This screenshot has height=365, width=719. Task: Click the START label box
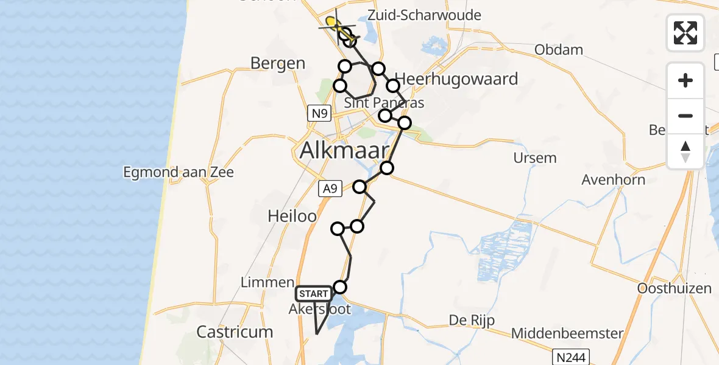[x=313, y=294]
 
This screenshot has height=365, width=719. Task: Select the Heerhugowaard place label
[x=456, y=79]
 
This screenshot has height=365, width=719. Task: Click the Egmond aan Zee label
[x=179, y=173]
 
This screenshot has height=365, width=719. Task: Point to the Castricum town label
[x=235, y=332]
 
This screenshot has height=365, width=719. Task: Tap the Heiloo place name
[x=292, y=216]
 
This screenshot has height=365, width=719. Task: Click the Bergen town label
[x=278, y=63]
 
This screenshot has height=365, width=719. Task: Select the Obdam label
[x=559, y=50]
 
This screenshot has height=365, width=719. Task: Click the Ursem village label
[x=534, y=158]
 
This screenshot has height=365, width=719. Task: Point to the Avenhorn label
[x=613, y=179]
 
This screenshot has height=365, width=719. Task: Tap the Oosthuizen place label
[x=675, y=288]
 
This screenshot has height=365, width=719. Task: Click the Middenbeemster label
[x=567, y=333]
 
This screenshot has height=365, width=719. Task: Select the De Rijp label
[x=472, y=321]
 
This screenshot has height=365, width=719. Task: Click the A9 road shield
[x=330, y=189]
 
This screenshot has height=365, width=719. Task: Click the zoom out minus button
[x=685, y=116]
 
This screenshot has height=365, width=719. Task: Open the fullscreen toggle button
[x=685, y=33]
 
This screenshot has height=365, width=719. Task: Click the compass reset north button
[x=685, y=151]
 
